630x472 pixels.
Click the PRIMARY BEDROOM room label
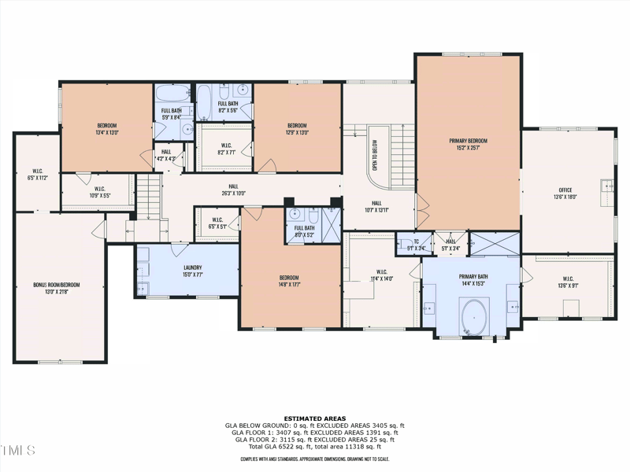coord(469,141)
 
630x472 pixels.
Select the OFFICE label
coord(565,190)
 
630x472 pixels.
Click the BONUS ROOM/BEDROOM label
coord(56,285)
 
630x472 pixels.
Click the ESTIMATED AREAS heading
coord(314,419)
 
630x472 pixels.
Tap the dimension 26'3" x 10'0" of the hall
coord(232,193)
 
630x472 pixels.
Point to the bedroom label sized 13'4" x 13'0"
coord(107,126)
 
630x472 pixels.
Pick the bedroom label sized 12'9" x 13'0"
coord(297,126)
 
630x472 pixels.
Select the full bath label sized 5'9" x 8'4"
coord(172,111)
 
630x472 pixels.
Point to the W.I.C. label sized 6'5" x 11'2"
coord(37,171)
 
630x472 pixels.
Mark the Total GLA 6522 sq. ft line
coord(314,446)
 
